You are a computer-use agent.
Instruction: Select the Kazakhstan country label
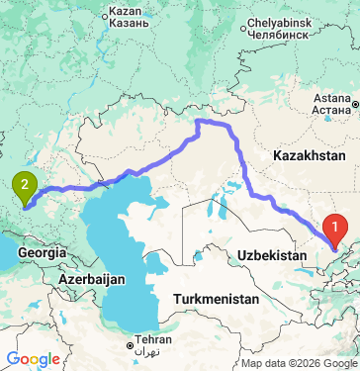point(310,156)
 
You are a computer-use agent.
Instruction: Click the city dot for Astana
point(354,103)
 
